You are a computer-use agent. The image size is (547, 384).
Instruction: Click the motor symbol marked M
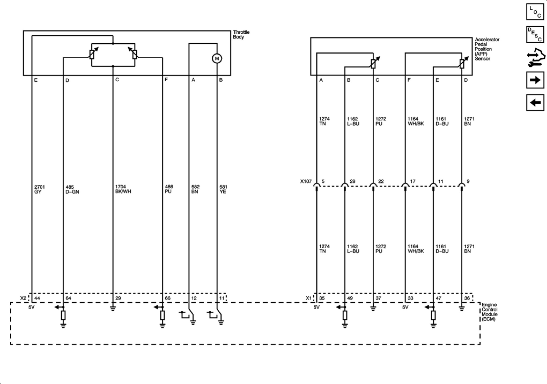217,58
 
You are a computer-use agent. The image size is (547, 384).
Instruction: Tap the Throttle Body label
241,35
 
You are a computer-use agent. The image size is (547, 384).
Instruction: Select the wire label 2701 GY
39,189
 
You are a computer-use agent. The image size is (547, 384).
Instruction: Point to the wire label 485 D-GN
72,189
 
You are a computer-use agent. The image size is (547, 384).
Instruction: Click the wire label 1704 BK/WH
123,189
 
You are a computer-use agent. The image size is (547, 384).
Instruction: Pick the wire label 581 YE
223,189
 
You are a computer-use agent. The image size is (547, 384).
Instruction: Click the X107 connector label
306,181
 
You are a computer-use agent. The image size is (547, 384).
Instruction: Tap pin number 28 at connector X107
352,181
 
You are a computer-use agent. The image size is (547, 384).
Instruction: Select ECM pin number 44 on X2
37,298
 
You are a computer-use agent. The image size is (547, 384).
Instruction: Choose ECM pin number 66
168,298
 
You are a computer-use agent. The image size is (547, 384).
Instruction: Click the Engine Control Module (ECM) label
489,312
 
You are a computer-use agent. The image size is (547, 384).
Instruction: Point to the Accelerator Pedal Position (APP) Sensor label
487,49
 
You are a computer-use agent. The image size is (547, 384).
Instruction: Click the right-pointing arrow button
535,80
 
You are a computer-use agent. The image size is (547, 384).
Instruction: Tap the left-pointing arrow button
535,102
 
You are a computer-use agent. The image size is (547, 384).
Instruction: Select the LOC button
535,12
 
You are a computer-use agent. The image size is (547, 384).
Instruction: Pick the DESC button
535,35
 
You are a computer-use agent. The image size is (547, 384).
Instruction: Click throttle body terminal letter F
166,80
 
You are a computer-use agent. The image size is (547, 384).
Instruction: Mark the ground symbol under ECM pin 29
113,308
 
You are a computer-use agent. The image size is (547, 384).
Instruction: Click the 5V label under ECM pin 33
405,307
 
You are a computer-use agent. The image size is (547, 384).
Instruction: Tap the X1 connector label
309,298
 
